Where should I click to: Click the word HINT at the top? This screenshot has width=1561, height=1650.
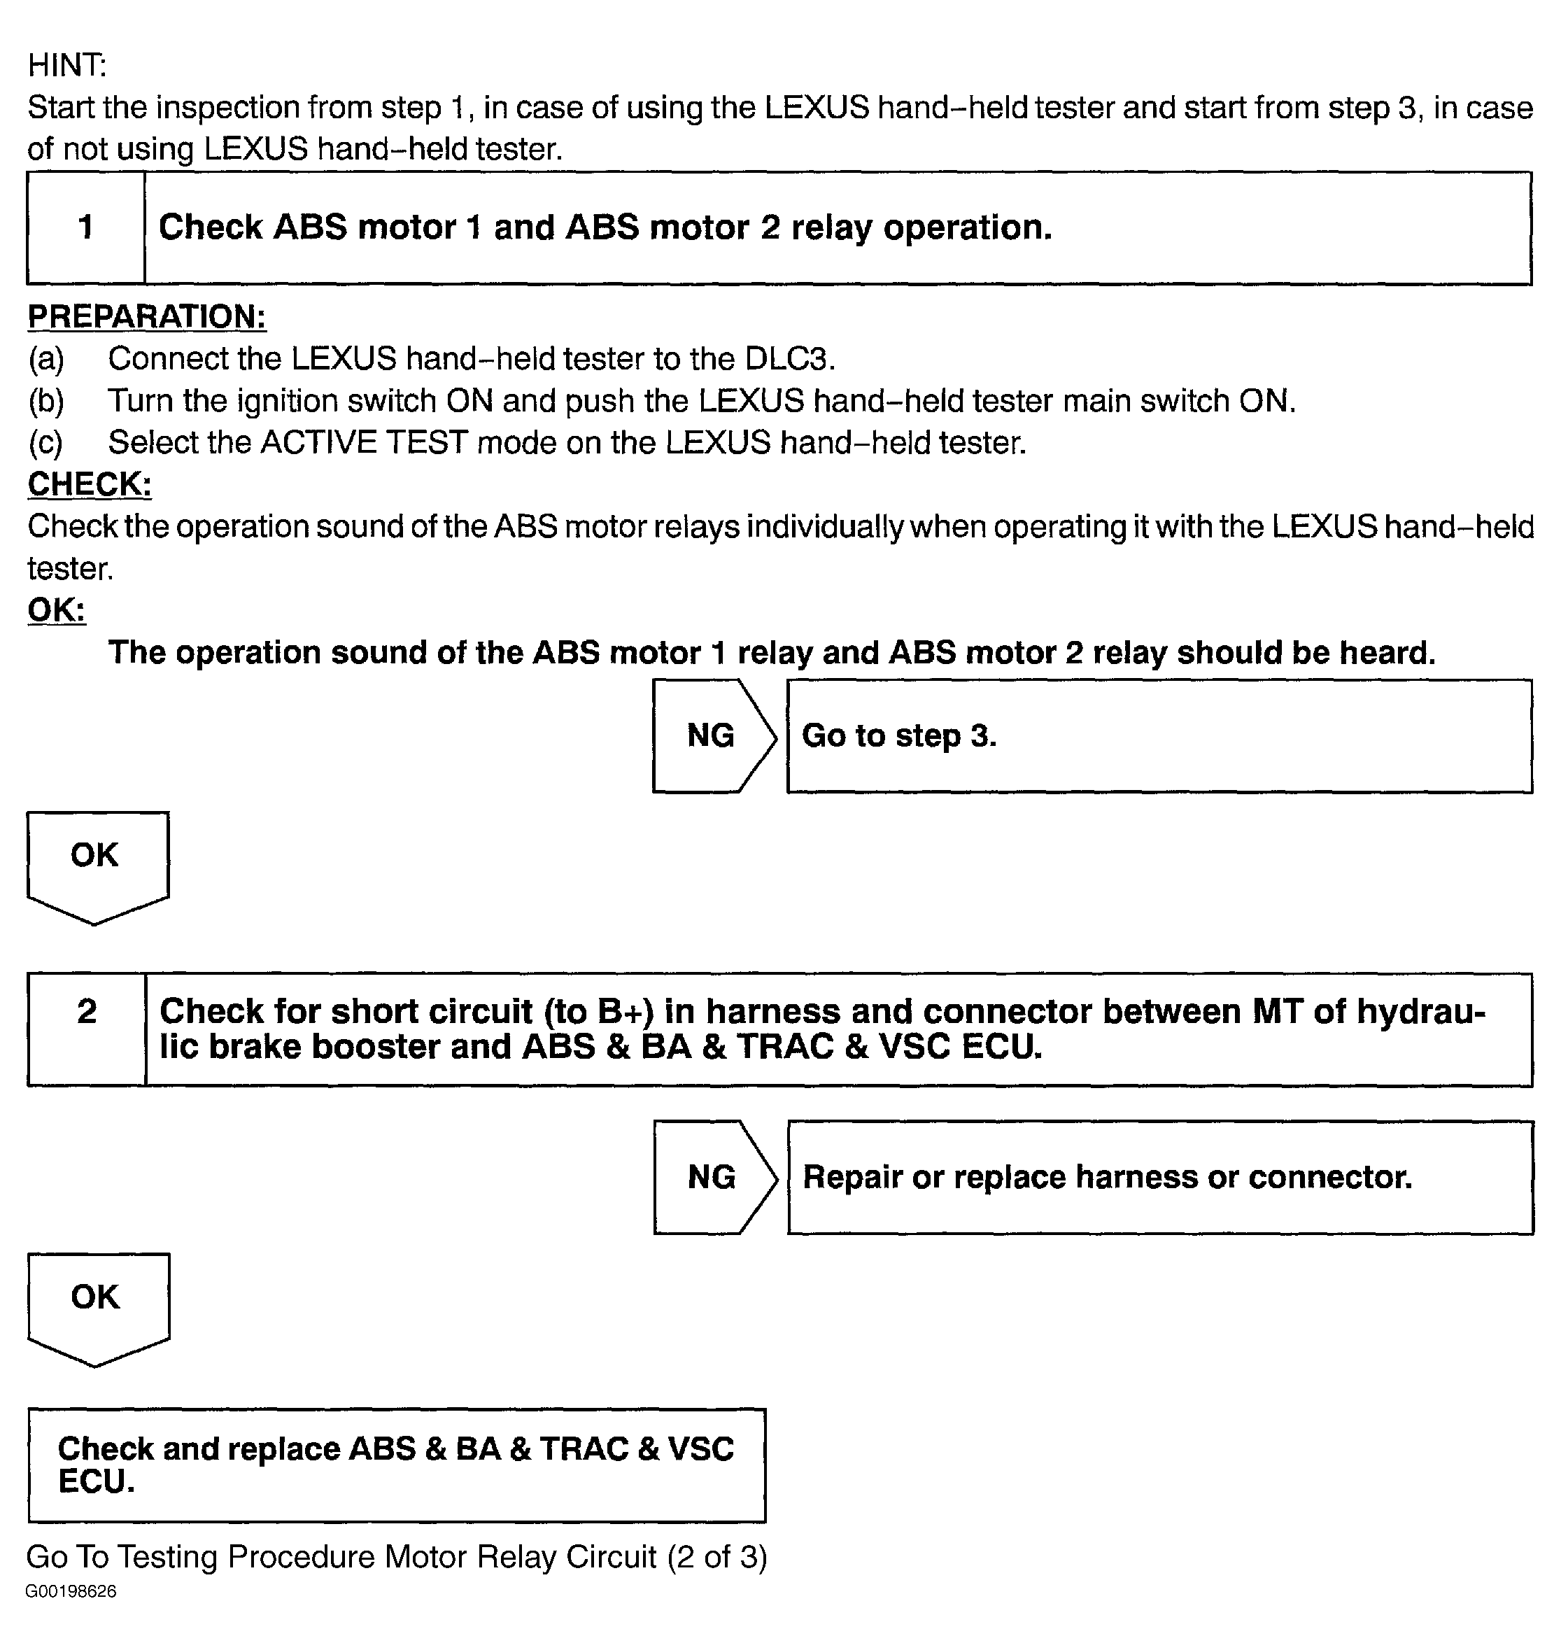point(66,65)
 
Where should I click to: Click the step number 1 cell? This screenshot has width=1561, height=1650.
point(85,227)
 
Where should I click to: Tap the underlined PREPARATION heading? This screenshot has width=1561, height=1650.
point(146,317)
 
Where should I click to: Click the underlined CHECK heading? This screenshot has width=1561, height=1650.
point(90,484)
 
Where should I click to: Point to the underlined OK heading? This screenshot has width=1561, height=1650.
point(56,610)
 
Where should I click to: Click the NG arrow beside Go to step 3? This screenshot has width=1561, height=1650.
point(712,735)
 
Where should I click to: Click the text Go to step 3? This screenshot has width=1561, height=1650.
point(898,735)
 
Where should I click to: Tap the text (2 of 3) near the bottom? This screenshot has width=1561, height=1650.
point(716,1557)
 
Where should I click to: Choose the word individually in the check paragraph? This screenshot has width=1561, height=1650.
point(822,527)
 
